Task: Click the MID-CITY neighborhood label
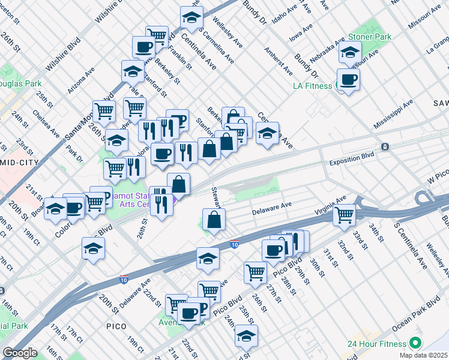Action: pyautogui.click(x=19, y=162)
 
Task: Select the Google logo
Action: pyautogui.click(x=20, y=353)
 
